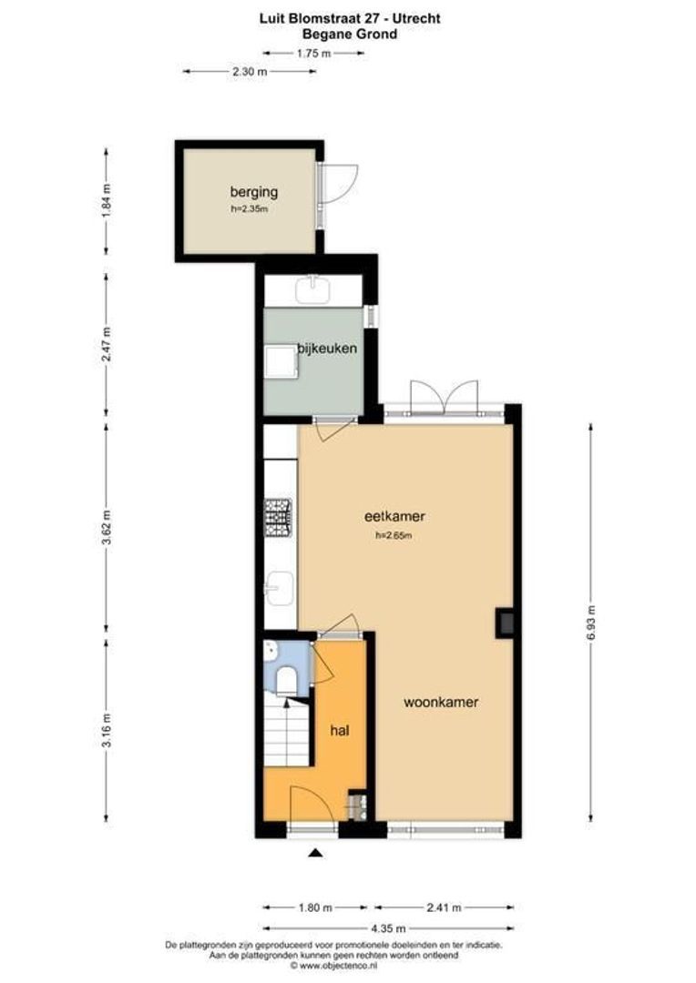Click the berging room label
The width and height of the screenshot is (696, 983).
[x=253, y=192]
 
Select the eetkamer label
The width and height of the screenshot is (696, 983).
[x=394, y=516]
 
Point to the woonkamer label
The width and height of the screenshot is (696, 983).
[x=442, y=702]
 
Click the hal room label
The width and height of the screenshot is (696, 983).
[x=341, y=729]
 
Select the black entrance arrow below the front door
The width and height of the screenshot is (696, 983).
[x=315, y=853]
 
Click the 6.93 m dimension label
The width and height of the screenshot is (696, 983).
[x=591, y=623]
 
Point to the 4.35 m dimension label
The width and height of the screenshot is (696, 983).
[x=387, y=928]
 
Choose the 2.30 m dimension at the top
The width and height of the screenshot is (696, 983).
[x=249, y=71]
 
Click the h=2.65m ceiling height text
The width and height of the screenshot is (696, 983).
[x=394, y=536]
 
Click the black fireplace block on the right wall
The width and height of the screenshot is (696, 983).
[x=504, y=623]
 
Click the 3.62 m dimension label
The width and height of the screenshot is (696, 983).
[x=106, y=527]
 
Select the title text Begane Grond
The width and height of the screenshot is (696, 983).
[x=351, y=34]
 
